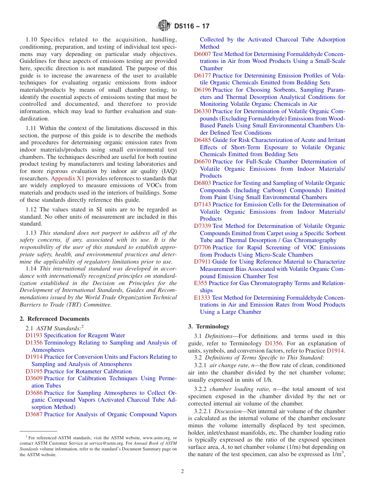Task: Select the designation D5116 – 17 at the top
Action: (x=192, y=26)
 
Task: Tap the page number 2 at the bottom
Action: (x=182, y=471)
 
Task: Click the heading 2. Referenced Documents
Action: (x=55, y=319)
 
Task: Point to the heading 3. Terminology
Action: (x=209, y=326)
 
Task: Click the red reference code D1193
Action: (x=34, y=335)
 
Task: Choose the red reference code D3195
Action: (x=34, y=371)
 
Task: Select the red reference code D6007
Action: (x=202, y=54)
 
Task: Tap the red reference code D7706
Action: (x=202, y=247)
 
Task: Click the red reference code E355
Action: (x=201, y=283)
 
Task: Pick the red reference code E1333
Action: (x=202, y=298)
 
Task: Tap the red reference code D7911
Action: (x=202, y=262)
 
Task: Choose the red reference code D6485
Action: (x=202, y=140)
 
